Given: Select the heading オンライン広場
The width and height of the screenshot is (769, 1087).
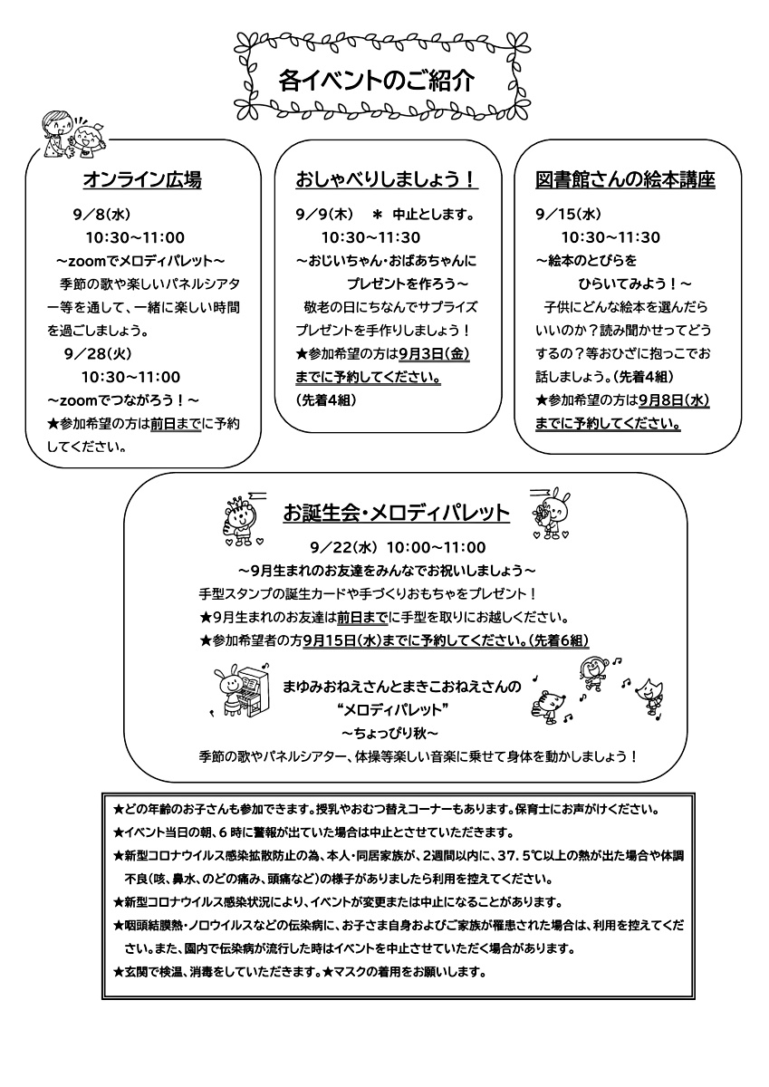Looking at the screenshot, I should [x=141, y=180].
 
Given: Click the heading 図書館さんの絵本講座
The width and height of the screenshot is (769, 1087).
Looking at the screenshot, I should [x=625, y=180].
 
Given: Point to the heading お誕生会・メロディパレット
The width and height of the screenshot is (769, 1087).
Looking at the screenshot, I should [x=396, y=514].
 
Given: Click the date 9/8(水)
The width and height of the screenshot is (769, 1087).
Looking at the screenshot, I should [x=102, y=216].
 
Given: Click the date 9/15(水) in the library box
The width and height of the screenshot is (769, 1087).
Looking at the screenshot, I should [x=569, y=216].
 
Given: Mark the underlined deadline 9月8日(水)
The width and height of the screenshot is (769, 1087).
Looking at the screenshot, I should [x=673, y=399].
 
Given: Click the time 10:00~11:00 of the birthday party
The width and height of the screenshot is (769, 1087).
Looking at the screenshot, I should [x=436, y=547].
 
